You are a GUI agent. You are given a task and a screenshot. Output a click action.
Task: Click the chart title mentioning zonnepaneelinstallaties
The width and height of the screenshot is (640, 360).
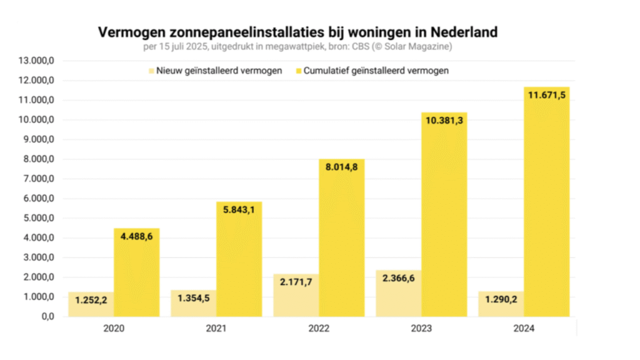pos(297,32)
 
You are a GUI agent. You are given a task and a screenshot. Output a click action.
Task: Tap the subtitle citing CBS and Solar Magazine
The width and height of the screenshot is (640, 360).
pos(297,47)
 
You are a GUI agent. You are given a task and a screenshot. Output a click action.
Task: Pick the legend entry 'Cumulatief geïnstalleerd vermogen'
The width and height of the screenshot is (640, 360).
pos(376,71)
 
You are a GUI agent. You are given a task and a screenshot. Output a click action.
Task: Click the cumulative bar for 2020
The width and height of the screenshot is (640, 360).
pos(136,275)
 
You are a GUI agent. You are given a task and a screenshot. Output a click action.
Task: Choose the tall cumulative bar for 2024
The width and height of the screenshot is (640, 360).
pos(547,206)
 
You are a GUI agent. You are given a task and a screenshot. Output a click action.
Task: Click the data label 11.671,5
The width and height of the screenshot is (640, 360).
pos(546,95)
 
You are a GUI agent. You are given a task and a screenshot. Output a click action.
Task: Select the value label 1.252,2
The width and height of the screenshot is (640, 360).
pos(91,300)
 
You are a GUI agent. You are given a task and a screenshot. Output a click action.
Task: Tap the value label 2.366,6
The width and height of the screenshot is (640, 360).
pos(398,278)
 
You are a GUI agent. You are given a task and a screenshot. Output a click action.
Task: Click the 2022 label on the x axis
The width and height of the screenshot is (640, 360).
pos(319,328)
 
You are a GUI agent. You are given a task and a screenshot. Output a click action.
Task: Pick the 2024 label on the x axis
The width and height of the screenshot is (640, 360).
pos(524,328)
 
